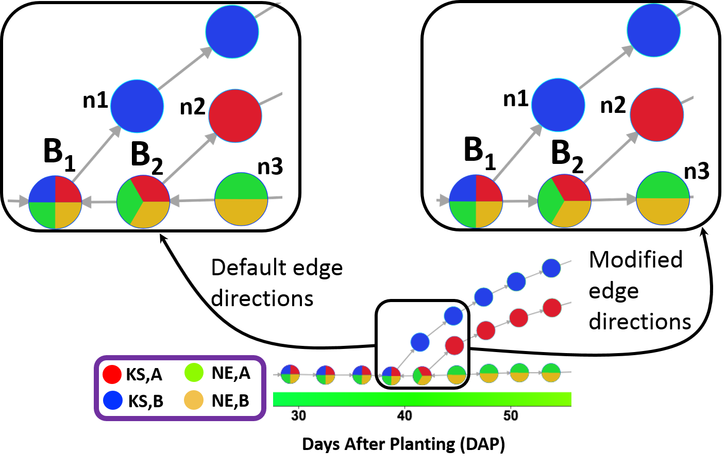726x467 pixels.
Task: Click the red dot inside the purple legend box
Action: click(x=112, y=374)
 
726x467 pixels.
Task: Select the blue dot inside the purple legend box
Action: click(x=112, y=400)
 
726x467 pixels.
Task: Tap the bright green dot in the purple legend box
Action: click(x=194, y=372)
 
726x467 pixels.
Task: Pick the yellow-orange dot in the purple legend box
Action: click(x=194, y=400)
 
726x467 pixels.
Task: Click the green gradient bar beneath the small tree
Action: click(x=421, y=398)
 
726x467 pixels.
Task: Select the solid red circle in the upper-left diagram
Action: click(x=235, y=116)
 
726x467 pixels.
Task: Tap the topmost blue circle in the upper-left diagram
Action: click(x=232, y=32)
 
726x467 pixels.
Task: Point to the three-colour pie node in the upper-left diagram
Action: click(x=143, y=202)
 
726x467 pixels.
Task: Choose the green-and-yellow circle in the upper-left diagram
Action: click(x=241, y=199)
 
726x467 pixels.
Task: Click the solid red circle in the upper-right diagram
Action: click(x=656, y=114)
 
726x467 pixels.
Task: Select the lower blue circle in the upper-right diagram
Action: click(x=558, y=105)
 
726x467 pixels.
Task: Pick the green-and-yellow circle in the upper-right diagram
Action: click(x=663, y=198)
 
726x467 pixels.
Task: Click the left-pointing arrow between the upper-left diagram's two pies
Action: click(x=99, y=202)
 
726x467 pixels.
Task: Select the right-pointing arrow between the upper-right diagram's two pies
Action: click(x=520, y=201)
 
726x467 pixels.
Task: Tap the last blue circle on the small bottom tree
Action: click(x=551, y=268)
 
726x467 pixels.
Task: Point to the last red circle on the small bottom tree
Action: click(x=552, y=308)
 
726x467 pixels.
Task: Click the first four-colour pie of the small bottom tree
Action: click(x=290, y=374)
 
